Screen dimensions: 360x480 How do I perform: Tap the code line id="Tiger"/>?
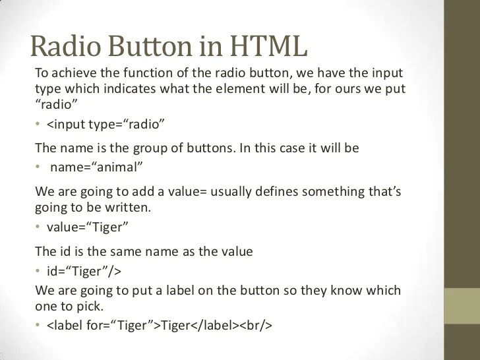(83, 271)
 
